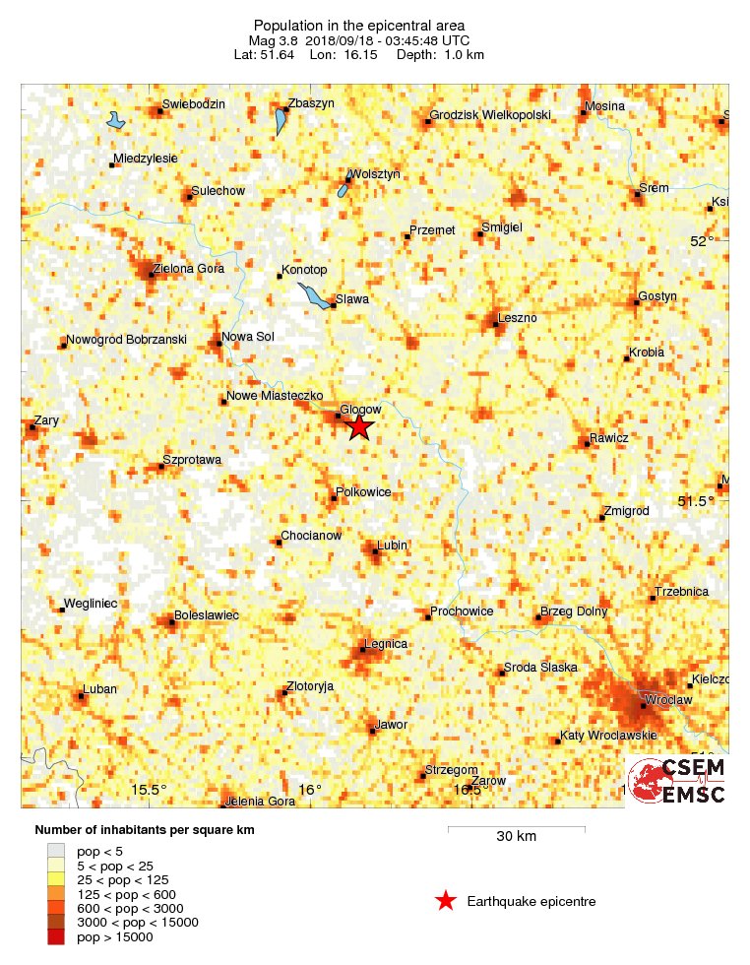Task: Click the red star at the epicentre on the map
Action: [359, 425]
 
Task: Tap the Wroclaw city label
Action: [669, 699]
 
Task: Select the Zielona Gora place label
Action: [190, 268]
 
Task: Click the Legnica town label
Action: [386, 644]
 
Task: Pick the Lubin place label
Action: [392, 545]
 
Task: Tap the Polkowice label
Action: [363, 491]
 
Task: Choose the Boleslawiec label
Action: [207, 615]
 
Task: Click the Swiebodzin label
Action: [194, 104]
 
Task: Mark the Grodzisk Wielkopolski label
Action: [491, 116]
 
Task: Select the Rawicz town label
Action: [608, 436]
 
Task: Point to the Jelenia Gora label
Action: [261, 801]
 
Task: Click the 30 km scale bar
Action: [517, 829]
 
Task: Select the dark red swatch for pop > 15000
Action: [56, 937]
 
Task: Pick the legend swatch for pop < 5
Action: [56, 849]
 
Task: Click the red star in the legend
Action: [446, 901]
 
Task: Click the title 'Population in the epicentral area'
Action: [359, 25]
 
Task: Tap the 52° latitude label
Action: [702, 241]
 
